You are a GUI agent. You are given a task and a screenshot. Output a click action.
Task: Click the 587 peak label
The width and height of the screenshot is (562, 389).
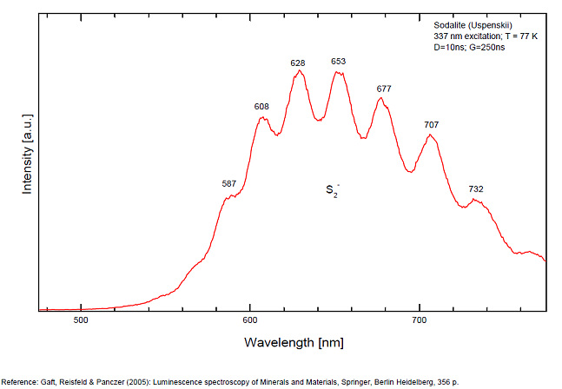pyautogui.click(x=229, y=183)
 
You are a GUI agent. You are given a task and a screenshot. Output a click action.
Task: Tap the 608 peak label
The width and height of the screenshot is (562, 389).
pyautogui.click(x=261, y=107)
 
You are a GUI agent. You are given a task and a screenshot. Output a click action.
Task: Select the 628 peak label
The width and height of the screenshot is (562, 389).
pyautogui.click(x=298, y=63)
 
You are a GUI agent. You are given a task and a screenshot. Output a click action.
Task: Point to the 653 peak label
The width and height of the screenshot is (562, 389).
pyautogui.click(x=339, y=62)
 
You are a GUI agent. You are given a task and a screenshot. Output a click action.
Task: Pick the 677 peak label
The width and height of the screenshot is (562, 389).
pyautogui.click(x=384, y=89)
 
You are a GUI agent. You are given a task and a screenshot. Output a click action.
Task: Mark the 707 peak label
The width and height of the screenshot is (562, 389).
pyautogui.click(x=431, y=125)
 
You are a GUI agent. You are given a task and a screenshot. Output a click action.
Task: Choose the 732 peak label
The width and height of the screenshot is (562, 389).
pyautogui.click(x=476, y=188)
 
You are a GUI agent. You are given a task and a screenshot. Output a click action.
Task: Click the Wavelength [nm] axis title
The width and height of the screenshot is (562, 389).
pyautogui.click(x=294, y=342)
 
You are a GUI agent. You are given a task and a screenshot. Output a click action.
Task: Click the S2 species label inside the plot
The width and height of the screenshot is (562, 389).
pyautogui.click(x=332, y=189)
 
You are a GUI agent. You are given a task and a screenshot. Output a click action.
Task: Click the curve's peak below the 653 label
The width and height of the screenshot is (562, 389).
pyautogui.click(x=339, y=72)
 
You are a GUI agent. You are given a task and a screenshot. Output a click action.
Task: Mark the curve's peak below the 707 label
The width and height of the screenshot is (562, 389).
pyautogui.click(x=430, y=135)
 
